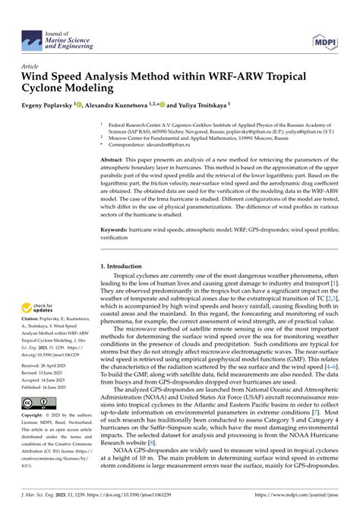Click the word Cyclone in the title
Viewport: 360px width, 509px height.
[46, 88]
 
